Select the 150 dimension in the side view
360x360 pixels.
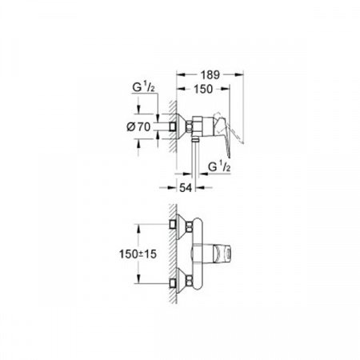coord(204,92)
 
